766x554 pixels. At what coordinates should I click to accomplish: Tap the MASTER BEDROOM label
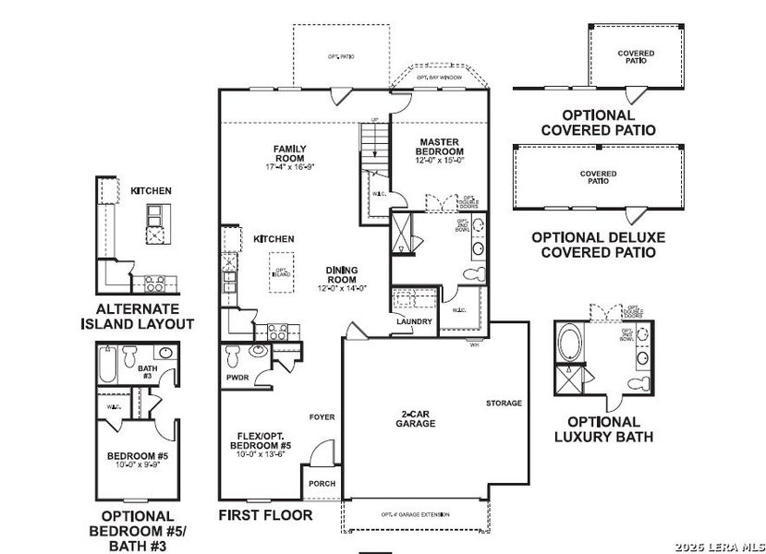(439, 147)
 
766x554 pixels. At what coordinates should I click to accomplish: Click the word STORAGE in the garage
(505, 403)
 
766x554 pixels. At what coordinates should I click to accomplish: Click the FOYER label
(322, 416)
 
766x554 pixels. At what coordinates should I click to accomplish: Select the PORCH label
(322, 483)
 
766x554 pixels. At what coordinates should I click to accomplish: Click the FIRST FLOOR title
(266, 514)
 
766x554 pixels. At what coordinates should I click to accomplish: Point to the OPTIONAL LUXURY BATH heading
(603, 428)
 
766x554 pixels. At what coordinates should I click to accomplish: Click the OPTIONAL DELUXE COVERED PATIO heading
(598, 244)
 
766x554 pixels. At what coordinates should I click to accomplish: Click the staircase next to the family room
(374, 147)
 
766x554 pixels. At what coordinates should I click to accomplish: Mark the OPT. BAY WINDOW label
(439, 78)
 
